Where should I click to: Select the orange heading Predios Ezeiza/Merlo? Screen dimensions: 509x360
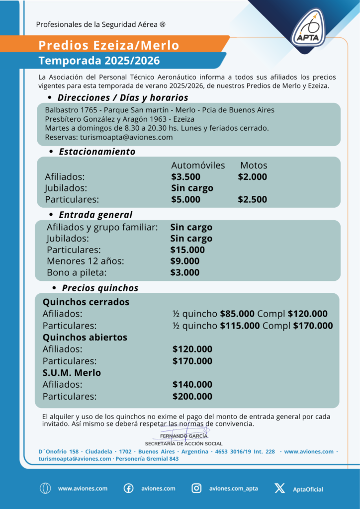109,45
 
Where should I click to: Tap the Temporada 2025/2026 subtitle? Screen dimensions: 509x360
99,61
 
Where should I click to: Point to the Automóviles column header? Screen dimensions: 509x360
198,165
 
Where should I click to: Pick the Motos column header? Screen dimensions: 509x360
254,165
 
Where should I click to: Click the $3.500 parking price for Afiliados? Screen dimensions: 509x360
185,177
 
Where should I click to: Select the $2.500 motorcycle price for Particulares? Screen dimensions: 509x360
252,200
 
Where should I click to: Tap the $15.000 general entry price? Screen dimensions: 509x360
187,250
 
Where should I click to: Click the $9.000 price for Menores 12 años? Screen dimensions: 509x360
184,261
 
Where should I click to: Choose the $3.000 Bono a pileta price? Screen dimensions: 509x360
184,273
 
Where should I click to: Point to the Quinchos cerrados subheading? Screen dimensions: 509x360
86,302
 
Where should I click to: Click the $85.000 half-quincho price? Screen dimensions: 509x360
237,314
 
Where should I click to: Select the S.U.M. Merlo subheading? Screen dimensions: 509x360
72,373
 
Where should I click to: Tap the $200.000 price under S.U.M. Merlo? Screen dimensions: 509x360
192,397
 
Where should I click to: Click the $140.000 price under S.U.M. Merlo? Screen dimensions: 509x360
192,385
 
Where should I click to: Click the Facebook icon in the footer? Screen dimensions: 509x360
128,488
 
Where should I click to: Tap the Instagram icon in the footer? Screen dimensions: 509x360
197,488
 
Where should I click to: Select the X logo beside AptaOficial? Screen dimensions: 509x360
279,488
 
